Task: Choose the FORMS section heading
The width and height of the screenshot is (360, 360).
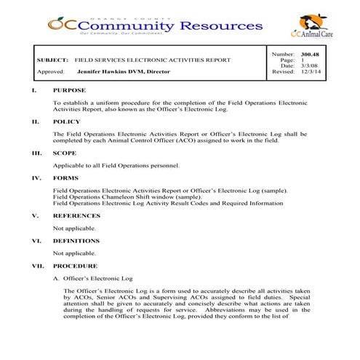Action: pyautogui.click(x=65, y=177)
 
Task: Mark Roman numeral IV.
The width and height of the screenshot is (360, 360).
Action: pyautogui.click(x=36, y=177)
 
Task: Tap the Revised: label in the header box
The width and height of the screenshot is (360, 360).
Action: pyautogui.click(x=283, y=72)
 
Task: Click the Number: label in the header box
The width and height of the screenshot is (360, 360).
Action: pyautogui.click(x=282, y=55)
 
